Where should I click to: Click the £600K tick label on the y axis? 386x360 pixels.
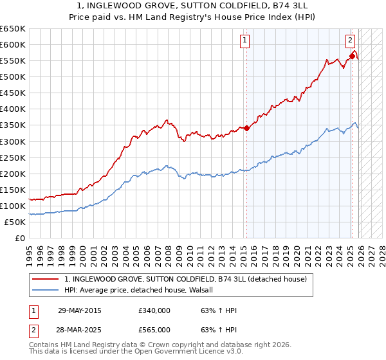pyautogui.click(x=13, y=44)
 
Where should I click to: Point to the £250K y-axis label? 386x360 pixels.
pyautogui.click(x=13, y=157)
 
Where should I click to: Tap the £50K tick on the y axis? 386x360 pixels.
pyautogui.click(x=15, y=222)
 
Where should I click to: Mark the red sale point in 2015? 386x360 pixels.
pyautogui.click(x=246, y=128)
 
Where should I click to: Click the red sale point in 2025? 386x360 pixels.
pyautogui.click(x=351, y=56)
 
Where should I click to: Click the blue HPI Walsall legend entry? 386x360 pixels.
pyautogui.click(x=143, y=290)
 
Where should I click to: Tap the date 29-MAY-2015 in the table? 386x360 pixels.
pyautogui.click(x=79, y=310)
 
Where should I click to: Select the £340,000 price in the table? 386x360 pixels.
pyautogui.click(x=154, y=310)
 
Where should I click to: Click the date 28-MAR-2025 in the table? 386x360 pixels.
pyautogui.click(x=79, y=329)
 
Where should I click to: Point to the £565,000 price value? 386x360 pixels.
pyautogui.click(x=154, y=329)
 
